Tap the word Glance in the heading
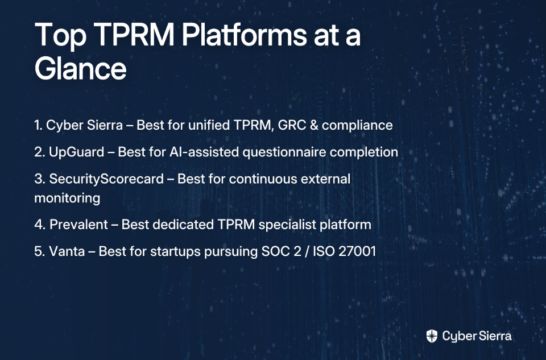pyautogui.click(x=80, y=68)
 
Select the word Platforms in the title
pyautogui.click(x=244, y=35)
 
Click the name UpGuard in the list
pyautogui.click(x=77, y=152)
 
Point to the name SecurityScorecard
pyautogui.click(x=106, y=179)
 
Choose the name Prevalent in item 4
pyautogui.click(x=78, y=225)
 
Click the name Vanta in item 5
pyautogui.click(x=67, y=251)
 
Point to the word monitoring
pyautogui.click(x=67, y=198)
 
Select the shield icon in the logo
pyautogui.click(x=432, y=336)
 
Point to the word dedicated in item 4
pyautogui.click(x=183, y=225)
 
